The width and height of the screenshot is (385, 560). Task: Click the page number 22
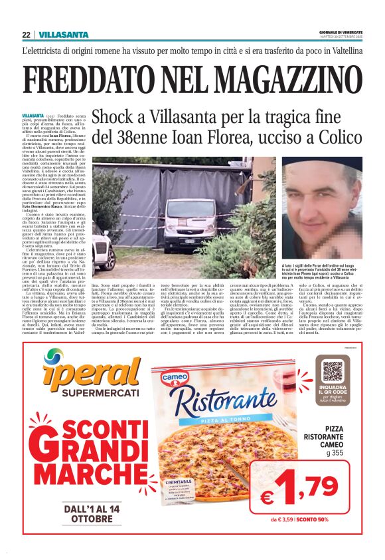point(26,35)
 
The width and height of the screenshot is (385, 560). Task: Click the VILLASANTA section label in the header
point(63,35)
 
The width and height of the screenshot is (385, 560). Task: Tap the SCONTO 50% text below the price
point(331,519)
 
